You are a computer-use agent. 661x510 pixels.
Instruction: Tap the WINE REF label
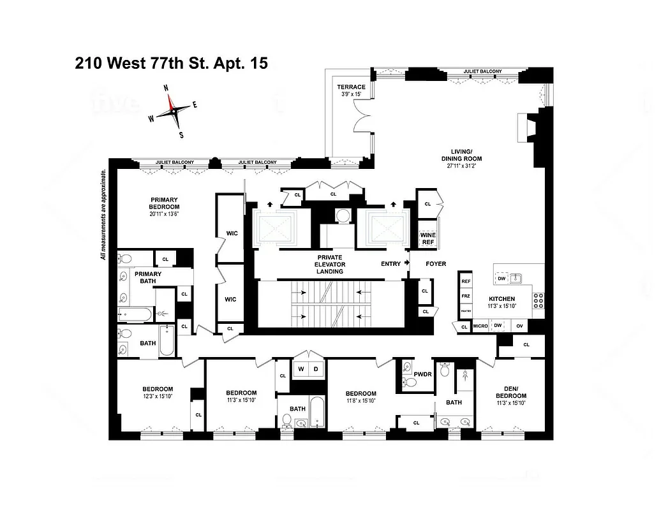click(427, 238)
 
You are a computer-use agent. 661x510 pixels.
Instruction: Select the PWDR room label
click(422, 375)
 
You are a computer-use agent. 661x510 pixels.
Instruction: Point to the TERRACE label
click(352, 87)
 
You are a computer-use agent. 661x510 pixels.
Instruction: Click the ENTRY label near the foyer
click(391, 263)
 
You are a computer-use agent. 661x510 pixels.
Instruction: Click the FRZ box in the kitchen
click(466, 296)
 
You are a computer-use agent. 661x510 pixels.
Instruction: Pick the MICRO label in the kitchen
click(480, 326)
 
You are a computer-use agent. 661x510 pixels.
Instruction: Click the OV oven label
click(519, 326)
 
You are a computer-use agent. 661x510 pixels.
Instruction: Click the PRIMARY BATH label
click(147, 277)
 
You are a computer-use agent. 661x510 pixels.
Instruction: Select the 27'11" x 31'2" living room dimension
click(461, 166)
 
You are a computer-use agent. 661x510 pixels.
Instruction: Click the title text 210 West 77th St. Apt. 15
click(171, 63)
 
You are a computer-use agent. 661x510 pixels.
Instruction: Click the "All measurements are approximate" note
click(102, 215)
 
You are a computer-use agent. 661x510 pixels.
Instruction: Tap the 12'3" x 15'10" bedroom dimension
click(157, 397)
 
